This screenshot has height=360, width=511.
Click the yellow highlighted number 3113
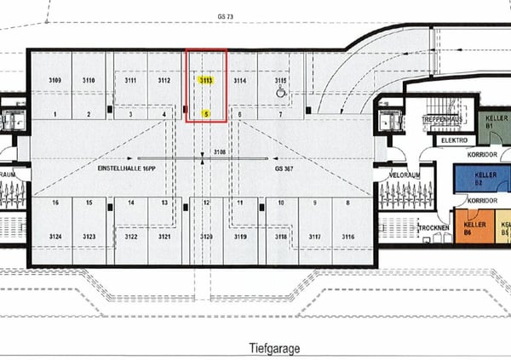click(x=205, y=80)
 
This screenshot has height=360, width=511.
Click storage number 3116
click(x=348, y=237)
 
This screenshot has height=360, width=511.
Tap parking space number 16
click(x=55, y=203)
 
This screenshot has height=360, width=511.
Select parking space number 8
click(x=348, y=203)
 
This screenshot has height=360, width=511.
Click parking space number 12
click(x=205, y=203)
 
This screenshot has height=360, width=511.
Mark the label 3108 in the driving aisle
click(x=220, y=152)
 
